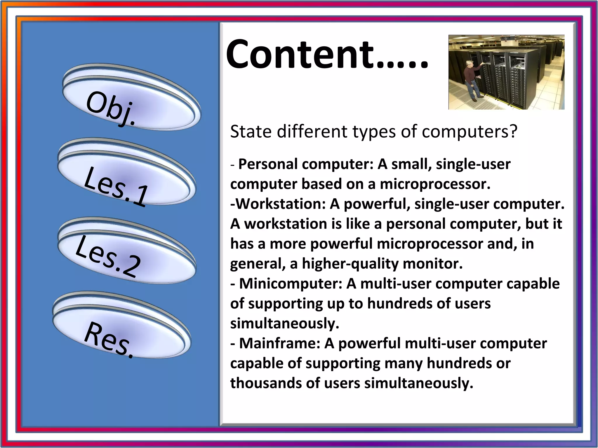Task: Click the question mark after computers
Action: (x=513, y=132)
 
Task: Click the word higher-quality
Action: (x=350, y=264)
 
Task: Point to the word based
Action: (x=321, y=184)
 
